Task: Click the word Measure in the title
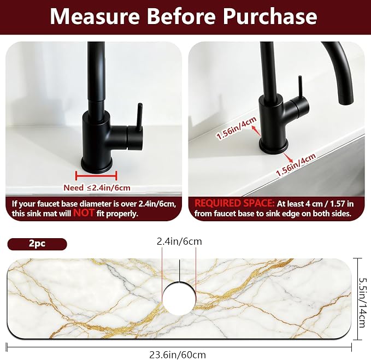95,16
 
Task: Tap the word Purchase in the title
270,16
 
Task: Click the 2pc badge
37,244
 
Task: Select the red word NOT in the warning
84,213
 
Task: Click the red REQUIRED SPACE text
234,203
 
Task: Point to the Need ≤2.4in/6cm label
97,188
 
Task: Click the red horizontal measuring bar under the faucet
96,175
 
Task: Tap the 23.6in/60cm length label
178,355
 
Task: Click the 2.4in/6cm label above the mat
179,241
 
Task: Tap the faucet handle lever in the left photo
139,116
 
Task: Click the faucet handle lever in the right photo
300,87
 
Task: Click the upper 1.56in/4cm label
237,128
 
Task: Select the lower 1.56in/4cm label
296,164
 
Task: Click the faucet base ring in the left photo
97,164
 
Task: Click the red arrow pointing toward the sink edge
286,157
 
